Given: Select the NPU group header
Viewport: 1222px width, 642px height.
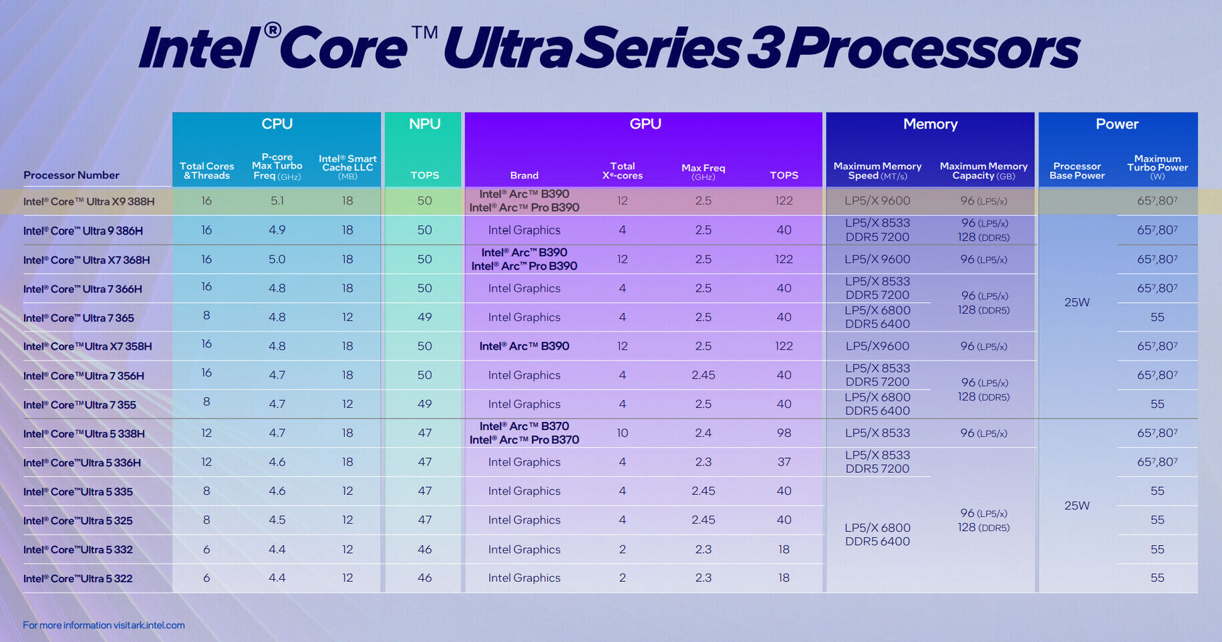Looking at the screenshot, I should click(424, 124).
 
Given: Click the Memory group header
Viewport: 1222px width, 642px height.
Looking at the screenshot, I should click(930, 124).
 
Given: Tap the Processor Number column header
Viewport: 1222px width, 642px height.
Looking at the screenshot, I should click(71, 175).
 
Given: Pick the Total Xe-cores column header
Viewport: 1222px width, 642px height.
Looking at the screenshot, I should click(622, 171).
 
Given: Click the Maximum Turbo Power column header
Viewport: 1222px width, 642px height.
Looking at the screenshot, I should click(1157, 167).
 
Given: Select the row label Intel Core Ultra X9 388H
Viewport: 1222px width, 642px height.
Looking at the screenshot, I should click(88, 201).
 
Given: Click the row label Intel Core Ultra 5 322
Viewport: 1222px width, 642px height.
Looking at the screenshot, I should click(78, 578).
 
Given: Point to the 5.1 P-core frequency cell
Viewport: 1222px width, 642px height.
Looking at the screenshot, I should click(277, 201).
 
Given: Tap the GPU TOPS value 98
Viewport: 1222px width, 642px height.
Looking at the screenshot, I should click(784, 433).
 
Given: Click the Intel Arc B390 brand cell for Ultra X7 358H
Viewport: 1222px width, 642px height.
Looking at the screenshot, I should click(524, 346).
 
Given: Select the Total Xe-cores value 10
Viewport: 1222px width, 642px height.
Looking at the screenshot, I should click(622, 433).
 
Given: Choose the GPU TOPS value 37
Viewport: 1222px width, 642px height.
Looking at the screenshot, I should click(784, 462).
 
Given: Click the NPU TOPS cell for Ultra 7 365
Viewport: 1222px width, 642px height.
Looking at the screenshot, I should click(424, 317).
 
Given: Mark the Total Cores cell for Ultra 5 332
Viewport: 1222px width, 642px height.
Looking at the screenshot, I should click(206, 549).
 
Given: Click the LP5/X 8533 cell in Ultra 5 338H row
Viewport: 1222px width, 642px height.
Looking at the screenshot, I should click(877, 433).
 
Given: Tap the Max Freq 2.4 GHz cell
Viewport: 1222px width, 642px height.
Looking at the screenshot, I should click(703, 433).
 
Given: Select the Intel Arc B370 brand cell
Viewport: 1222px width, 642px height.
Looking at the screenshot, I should click(524, 433).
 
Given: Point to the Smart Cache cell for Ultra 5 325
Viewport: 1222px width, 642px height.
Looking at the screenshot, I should click(347, 520).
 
